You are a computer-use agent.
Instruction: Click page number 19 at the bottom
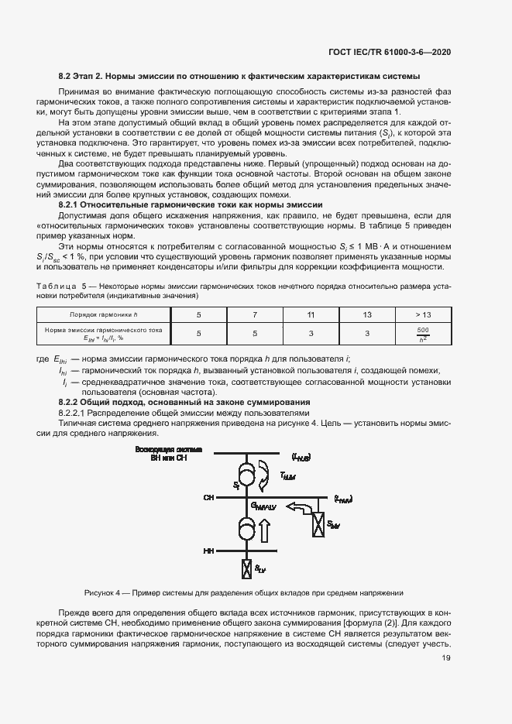(446, 658)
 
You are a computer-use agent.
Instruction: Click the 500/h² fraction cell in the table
(423, 334)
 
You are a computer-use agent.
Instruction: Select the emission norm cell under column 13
(367, 334)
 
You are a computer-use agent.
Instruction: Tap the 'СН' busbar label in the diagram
(208, 497)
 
